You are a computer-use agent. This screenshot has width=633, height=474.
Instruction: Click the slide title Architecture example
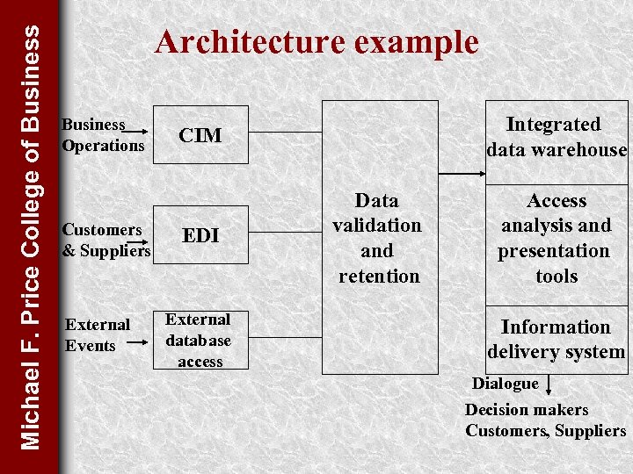tap(316, 42)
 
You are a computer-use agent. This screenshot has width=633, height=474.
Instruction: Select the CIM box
tap(200, 135)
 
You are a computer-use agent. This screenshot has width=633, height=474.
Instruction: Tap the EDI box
tap(200, 235)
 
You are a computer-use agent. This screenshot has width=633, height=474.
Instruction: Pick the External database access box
tap(200, 340)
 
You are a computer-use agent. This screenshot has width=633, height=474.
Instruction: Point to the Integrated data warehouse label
tap(556, 137)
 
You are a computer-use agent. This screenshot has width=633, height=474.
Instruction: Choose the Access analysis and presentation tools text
tap(556, 238)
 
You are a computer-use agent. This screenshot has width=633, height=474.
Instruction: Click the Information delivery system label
tap(556, 339)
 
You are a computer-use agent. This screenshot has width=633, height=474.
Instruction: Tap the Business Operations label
tap(102, 135)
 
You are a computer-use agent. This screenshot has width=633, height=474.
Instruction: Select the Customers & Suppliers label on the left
tap(105, 241)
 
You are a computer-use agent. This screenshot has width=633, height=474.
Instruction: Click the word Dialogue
tap(505, 384)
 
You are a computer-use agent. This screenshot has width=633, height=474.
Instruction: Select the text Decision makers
tap(527, 410)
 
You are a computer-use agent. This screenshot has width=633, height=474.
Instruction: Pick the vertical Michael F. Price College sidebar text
tap(29, 237)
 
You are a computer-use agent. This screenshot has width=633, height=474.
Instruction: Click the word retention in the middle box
tap(379, 276)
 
